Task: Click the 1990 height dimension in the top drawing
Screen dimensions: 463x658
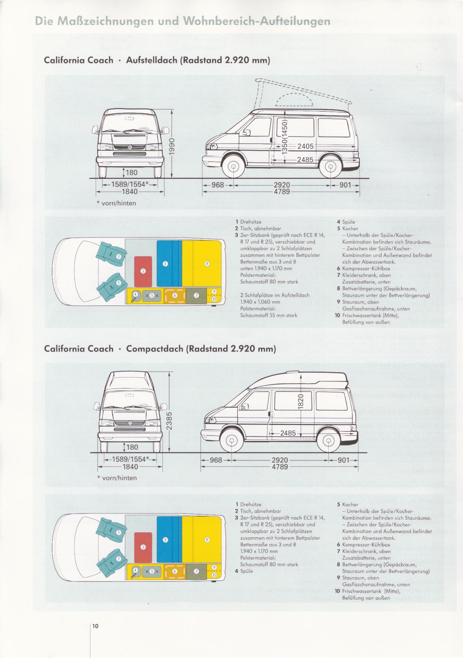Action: pyautogui.click(x=171, y=146)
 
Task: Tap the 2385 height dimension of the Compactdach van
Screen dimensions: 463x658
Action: pyautogui.click(x=169, y=421)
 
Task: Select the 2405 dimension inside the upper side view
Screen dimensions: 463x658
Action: pyautogui.click(x=305, y=146)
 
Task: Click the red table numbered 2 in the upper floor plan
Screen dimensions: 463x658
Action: pyautogui.click(x=143, y=270)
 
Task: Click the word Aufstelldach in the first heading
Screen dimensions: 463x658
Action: pyautogui.click(x=152, y=60)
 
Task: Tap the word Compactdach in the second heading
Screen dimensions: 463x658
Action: pyautogui.click(x=155, y=349)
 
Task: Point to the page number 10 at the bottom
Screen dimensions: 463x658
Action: pyautogui.click(x=95, y=626)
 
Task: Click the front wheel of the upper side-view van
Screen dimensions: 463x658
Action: pyautogui.click(x=233, y=167)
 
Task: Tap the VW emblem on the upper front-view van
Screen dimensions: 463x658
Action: pyautogui.click(x=130, y=147)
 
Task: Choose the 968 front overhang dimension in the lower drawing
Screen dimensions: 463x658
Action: pyautogui.click(x=216, y=460)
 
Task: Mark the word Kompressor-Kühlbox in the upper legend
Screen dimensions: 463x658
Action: pyautogui.click(x=366, y=269)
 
